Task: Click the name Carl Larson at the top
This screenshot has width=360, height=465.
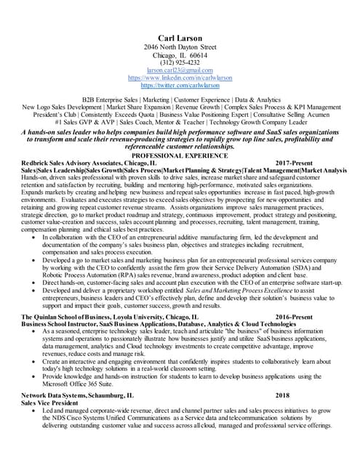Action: click(180, 38)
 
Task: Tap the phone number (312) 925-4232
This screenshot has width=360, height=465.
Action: click(180, 62)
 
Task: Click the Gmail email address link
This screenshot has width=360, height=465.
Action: click(180, 70)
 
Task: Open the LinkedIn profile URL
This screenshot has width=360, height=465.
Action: click(180, 78)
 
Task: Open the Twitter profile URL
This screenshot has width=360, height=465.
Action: click(180, 85)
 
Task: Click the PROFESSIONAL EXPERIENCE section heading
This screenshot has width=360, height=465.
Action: click(180, 155)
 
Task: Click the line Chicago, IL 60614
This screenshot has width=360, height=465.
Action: click(180, 55)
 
